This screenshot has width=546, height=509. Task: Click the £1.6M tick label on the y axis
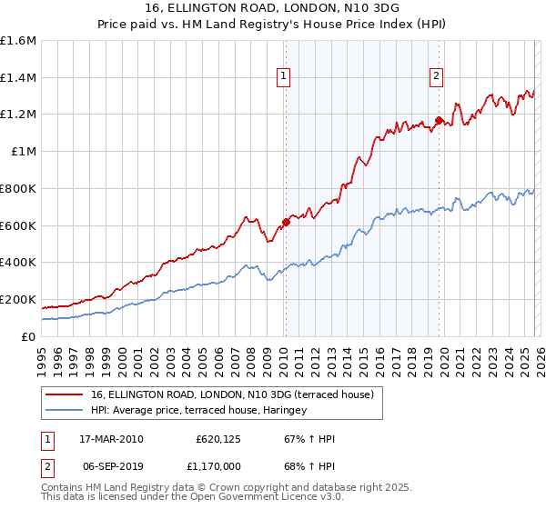click(x=18, y=41)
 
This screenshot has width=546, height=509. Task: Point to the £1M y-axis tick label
click(x=24, y=152)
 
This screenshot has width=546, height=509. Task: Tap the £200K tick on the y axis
click(x=18, y=299)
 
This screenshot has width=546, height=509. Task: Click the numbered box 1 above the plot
click(x=285, y=77)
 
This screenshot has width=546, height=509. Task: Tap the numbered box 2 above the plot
click(x=437, y=77)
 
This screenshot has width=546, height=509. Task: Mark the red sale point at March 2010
click(x=286, y=221)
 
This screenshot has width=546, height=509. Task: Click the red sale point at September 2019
click(x=438, y=120)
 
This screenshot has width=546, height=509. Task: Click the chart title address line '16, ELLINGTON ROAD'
click(x=272, y=9)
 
